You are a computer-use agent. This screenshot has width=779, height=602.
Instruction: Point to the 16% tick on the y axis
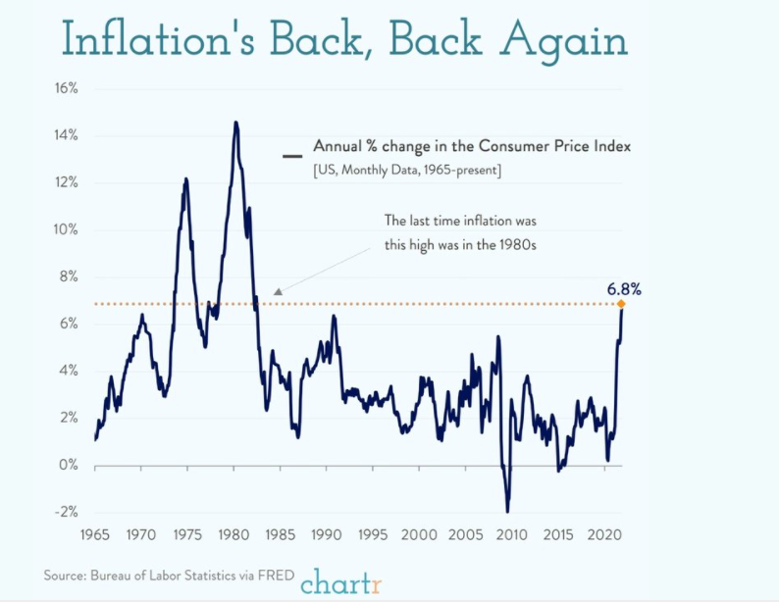[x=66, y=88]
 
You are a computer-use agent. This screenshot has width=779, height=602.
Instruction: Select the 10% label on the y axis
[x=66, y=229]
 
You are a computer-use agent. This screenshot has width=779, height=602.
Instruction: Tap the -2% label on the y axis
[x=66, y=512]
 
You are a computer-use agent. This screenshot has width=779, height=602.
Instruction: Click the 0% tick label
[x=69, y=465]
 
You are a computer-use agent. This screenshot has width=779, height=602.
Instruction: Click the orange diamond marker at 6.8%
[x=621, y=304]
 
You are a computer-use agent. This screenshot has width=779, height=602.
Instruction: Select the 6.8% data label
[x=624, y=288]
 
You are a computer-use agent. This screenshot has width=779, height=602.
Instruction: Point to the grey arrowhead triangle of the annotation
[x=279, y=291]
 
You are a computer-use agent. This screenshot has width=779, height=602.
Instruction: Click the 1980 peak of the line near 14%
[x=235, y=123]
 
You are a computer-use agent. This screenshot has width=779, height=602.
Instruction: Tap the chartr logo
[x=340, y=580]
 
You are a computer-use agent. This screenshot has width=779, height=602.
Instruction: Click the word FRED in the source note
[x=274, y=575]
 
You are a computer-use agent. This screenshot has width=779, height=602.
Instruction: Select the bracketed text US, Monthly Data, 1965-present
[x=408, y=172]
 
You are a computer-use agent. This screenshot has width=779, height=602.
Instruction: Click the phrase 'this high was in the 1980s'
[x=460, y=244]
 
